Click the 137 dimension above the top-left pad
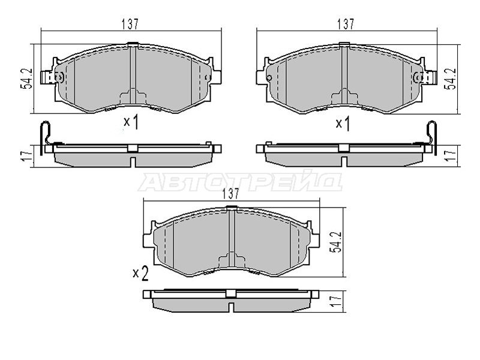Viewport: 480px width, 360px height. pos(130,24)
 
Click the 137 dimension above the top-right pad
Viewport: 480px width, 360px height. pos(346,24)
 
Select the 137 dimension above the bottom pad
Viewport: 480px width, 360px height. pos(231,193)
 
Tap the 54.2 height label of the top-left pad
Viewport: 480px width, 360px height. pos(27,79)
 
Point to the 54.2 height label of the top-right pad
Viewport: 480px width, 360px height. pos(451,79)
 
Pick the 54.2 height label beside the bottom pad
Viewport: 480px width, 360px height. pos(335,242)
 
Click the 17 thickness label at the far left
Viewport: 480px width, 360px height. pos(27,156)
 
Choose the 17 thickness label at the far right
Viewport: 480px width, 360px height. pos(451,156)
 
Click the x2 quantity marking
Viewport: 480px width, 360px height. pos(141,273)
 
